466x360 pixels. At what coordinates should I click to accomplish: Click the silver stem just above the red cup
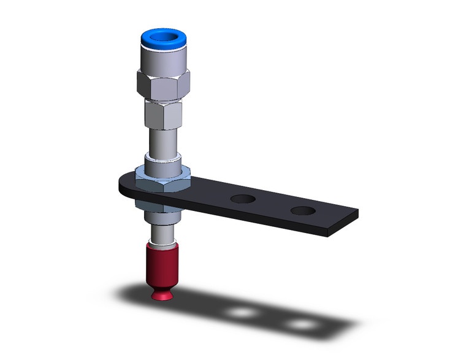(x=162, y=233)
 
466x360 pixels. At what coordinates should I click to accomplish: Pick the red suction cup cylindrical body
(x=162, y=261)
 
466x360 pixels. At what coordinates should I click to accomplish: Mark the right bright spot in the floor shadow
(x=300, y=323)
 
